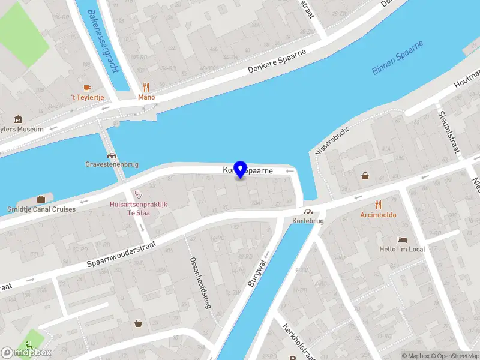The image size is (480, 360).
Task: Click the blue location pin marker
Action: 241,170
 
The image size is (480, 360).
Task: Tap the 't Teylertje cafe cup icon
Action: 87,88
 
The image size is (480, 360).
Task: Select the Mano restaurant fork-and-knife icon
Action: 146,87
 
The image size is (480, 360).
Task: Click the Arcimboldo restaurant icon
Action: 378,205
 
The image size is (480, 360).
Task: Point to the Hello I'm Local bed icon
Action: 402,239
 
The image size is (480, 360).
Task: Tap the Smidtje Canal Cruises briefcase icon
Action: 41,199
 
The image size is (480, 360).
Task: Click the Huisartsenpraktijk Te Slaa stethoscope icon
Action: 139,194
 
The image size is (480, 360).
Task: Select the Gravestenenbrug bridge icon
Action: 112,154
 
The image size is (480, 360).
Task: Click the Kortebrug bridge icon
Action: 308,211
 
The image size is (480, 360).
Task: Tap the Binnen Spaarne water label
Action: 398,58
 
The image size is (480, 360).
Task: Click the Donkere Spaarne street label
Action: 277,62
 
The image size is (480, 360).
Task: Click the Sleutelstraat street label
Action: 449,131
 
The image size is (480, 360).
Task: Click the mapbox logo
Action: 26,352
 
